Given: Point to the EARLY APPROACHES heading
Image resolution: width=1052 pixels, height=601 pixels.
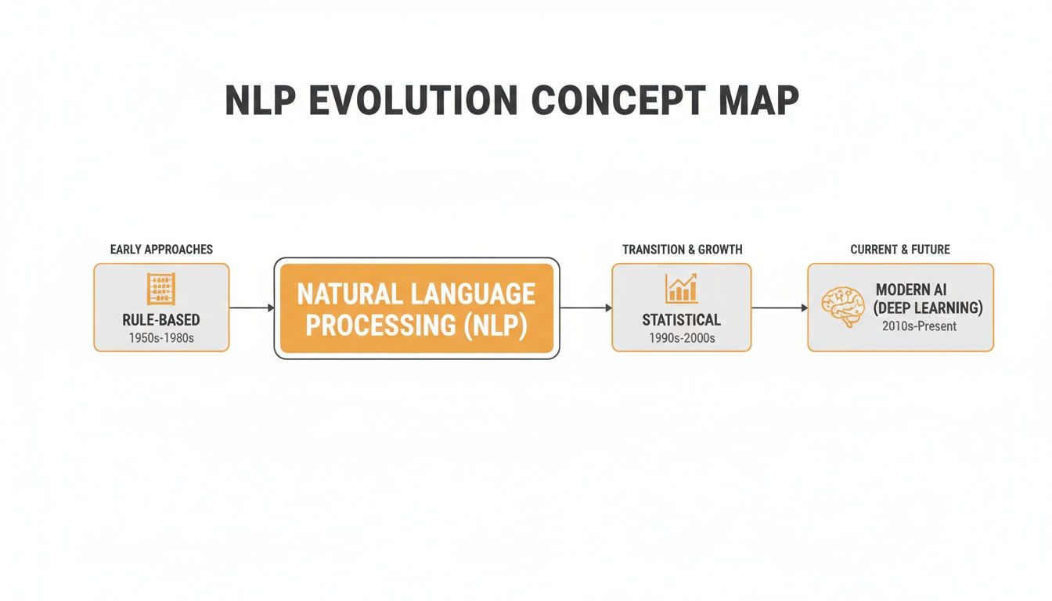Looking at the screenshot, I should (x=161, y=250).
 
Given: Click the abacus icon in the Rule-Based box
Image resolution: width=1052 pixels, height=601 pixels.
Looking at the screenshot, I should (x=161, y=290).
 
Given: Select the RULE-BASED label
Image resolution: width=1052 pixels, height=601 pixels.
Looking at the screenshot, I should (x=161, y=319).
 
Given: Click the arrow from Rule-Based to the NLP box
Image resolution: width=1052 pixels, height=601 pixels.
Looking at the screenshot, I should (x=251, y=308).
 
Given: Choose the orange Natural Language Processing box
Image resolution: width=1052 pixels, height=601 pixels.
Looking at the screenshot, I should (x=416, y=308).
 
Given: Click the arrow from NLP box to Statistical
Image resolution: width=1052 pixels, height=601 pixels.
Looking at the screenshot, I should (x=585, y=308).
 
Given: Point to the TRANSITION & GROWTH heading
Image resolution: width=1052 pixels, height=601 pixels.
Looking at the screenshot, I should (x=682, y=250).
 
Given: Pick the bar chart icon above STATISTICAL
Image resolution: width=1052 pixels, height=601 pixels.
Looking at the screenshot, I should (x=681, y=289).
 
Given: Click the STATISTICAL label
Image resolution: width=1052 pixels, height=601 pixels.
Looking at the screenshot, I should (x=681, y=319).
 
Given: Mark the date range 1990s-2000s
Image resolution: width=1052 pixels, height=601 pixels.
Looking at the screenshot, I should (x=681, y=338).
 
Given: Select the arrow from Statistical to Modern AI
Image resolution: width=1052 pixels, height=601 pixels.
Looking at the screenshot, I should (x=779, y=308).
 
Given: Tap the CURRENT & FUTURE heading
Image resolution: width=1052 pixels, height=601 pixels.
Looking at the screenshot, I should (x=900, y=250).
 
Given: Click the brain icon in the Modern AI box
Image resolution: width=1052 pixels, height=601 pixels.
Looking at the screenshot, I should (x=842, y=306).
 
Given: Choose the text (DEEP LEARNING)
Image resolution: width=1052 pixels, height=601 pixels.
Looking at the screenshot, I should (x=928, y=308).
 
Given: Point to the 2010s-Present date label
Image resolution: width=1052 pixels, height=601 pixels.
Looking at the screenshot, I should (x=919, y=326).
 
